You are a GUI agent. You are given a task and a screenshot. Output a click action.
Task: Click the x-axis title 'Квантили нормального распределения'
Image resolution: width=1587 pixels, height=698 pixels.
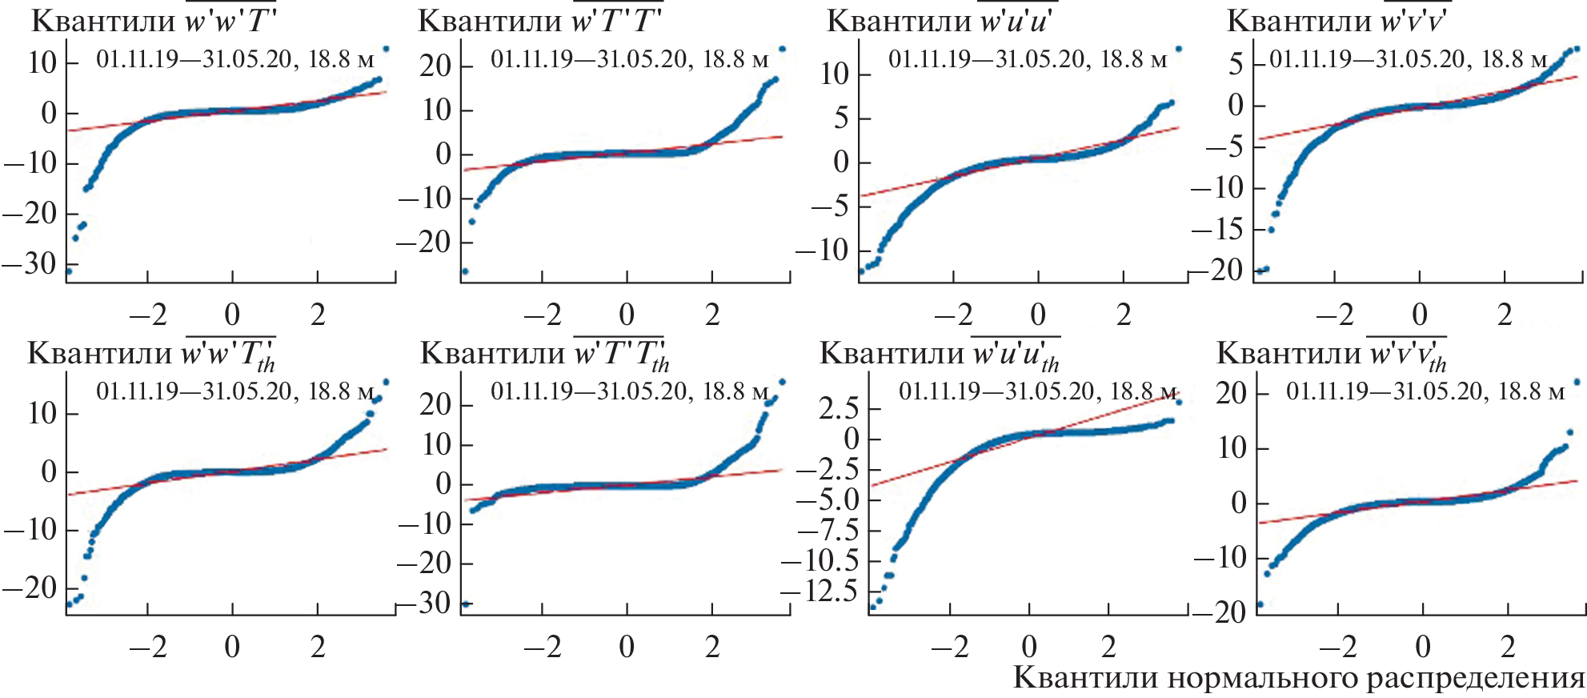coord(1299,678)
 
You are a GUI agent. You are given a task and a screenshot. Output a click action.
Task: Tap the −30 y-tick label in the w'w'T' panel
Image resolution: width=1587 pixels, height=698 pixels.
coord(30,263)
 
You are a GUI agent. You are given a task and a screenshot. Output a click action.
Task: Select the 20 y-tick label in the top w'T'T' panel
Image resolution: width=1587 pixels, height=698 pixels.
coord(435,66)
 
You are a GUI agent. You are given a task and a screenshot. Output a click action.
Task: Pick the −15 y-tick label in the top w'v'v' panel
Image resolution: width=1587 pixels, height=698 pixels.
coord(1215,230)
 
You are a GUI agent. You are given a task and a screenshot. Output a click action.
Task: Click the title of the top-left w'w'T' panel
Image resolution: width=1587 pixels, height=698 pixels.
coord(154,20)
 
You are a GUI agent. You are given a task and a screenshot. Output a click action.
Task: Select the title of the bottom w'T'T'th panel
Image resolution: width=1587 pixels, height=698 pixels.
coord(544,353)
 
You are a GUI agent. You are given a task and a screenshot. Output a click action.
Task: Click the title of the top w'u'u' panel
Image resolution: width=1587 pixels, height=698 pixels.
coord(939,20)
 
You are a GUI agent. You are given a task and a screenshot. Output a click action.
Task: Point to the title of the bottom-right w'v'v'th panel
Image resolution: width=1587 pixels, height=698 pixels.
coord(1332,353)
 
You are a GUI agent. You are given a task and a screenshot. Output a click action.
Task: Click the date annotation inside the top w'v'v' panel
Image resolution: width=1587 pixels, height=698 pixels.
coord(1409,58)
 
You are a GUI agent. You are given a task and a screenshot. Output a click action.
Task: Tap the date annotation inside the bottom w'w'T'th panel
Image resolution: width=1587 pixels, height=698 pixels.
coord(235,391)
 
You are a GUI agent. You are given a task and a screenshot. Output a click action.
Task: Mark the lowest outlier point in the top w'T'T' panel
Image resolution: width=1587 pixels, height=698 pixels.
coord(465,271)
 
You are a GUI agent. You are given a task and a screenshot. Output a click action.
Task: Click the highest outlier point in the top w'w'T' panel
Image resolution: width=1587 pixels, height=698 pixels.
coord(386,49)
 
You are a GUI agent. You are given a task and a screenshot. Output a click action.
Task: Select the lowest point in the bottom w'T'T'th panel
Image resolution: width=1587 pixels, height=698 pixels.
coord(466,604)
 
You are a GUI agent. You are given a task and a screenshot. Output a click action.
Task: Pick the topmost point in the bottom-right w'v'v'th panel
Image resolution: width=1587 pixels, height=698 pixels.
coord(1577,382)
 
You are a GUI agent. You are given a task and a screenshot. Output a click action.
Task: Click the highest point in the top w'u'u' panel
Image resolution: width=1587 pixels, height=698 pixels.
coord(1178,49)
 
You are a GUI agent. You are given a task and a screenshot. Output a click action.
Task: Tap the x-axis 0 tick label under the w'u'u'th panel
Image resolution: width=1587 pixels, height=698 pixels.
coord(1029,646)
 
